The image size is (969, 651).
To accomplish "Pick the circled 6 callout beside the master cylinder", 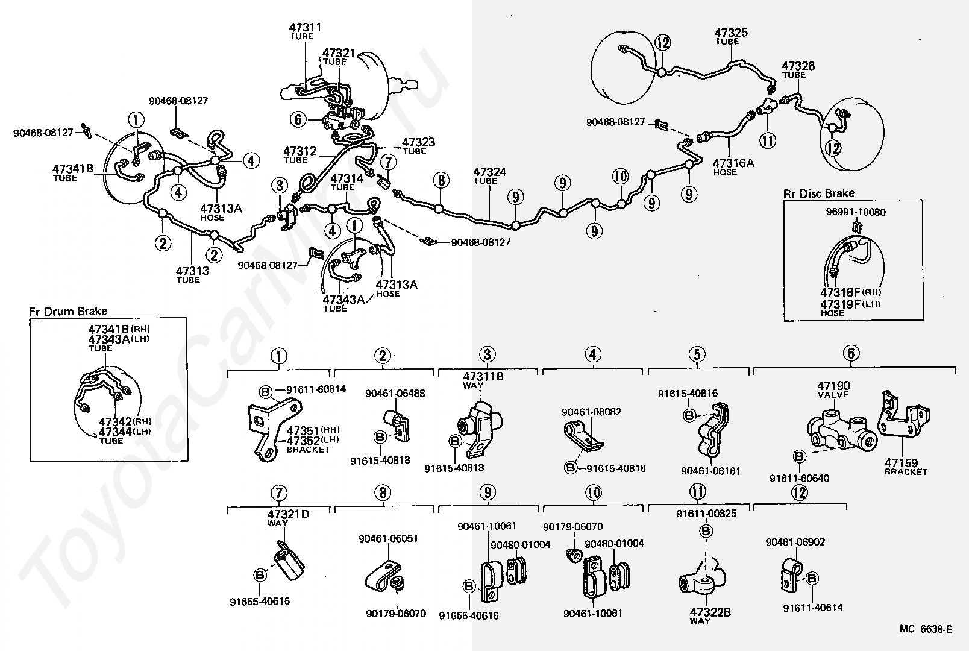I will click(x=298, y=119).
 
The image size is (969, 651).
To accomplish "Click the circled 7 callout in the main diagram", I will click(x=389, y=161).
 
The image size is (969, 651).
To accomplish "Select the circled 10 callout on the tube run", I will click(x=620, y=177).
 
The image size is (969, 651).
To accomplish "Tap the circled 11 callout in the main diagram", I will click(x=768, y=140).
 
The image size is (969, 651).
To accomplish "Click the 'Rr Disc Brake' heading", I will click(x=818, y=193).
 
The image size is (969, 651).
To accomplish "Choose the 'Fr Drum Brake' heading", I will click(x=67, y=312).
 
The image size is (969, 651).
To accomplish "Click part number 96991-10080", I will click(x=856, y=212).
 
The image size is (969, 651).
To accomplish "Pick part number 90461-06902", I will click(x=795, y=542).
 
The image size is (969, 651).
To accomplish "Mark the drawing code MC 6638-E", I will click(x=926, y=629).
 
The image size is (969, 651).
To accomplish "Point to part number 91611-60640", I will click(x=799, y=478).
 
